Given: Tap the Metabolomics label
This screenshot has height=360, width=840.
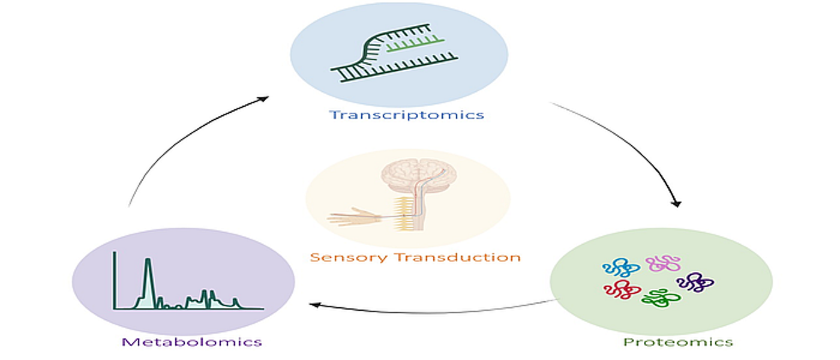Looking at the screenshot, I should pyautogui.click(x=192, y=342).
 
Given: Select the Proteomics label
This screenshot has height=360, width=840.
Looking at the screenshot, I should pyautogui.click(x=677, y=343).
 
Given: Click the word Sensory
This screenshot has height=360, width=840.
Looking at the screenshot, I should pyautogui.click(x=349, y=258).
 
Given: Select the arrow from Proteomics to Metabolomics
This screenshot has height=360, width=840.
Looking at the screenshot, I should pyautogui.click(x=432, y=311).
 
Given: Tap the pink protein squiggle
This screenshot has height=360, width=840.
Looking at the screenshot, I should pyautogui.click(x=663, y=263).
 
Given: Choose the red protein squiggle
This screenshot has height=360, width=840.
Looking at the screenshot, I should pyautogui.click(x=622, y=290).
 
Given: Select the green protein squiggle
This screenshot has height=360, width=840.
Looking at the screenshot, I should pyautogui.click(x=661, y=297).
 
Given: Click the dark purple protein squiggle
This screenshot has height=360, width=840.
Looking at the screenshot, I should pyautogui.click(x=695, y=281).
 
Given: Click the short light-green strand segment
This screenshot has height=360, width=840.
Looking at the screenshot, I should pyautogui.click(x=415, y=45).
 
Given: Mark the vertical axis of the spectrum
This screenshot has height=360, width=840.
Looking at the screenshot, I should pyautogui.click(x=115, y=280).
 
